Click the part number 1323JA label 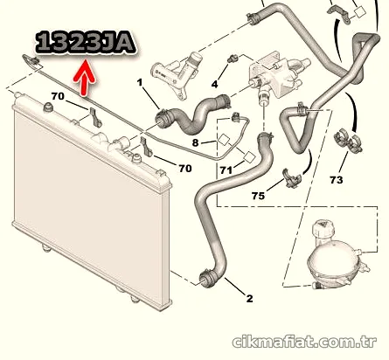click(x=86, y=44)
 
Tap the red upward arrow click(x=85, y=78)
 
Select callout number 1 click(x=140, y=83)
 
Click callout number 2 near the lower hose click(x=249, y=299)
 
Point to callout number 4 click(x=214, y=85)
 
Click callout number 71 click(x=226, y=170)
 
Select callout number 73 click(x=337, y=180)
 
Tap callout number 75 click(x=258, y=196)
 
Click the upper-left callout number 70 click(x=58, y=96)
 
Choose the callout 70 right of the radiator click(x=185, y=169)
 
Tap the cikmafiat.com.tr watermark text click(x=304, y=342)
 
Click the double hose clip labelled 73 click(x=348, y=141)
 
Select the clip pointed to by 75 click(x=292, y=178)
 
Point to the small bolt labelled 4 click(x=233, y=59)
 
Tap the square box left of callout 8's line click(x=225, y=140)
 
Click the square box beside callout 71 click(x=250, y=157)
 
